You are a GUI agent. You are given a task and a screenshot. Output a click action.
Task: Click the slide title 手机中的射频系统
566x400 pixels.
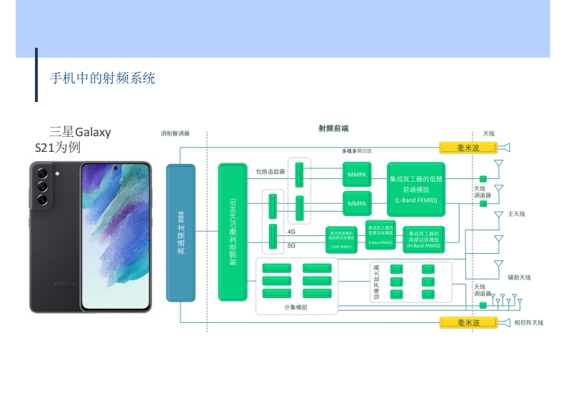point(102,78)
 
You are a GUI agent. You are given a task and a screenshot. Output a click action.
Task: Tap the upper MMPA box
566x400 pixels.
point(356,175)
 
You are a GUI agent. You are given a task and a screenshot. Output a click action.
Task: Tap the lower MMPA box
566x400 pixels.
point(356,203)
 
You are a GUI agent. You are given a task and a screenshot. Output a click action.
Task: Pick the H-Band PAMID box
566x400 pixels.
point(423,240)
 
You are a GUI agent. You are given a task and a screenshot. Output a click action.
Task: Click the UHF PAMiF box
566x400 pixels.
point(340,238)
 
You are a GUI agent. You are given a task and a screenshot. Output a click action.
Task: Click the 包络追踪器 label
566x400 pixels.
point(271,172)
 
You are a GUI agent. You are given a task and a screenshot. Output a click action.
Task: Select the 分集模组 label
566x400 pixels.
point(295,307)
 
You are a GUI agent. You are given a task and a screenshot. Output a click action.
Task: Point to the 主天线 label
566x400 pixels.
point(516,215)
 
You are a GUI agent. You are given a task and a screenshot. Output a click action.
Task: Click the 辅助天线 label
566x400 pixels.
point(519,277)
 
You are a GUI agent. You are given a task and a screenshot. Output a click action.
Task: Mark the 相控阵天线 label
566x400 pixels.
point(528,323)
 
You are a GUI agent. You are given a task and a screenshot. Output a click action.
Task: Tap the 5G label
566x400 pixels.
point(291,245)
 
